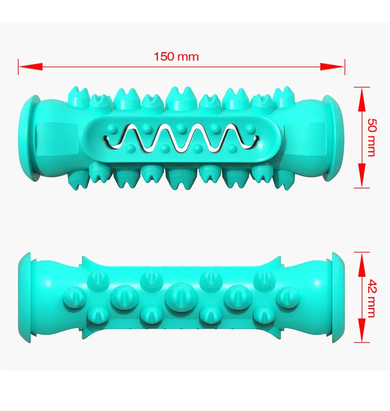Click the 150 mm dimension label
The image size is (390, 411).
point(176,56)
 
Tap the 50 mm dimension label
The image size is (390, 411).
point(371,137)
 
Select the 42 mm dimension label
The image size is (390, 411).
point(371,297)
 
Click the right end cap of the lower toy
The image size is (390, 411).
point(336,298)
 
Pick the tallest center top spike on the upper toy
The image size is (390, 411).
point(178,97)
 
